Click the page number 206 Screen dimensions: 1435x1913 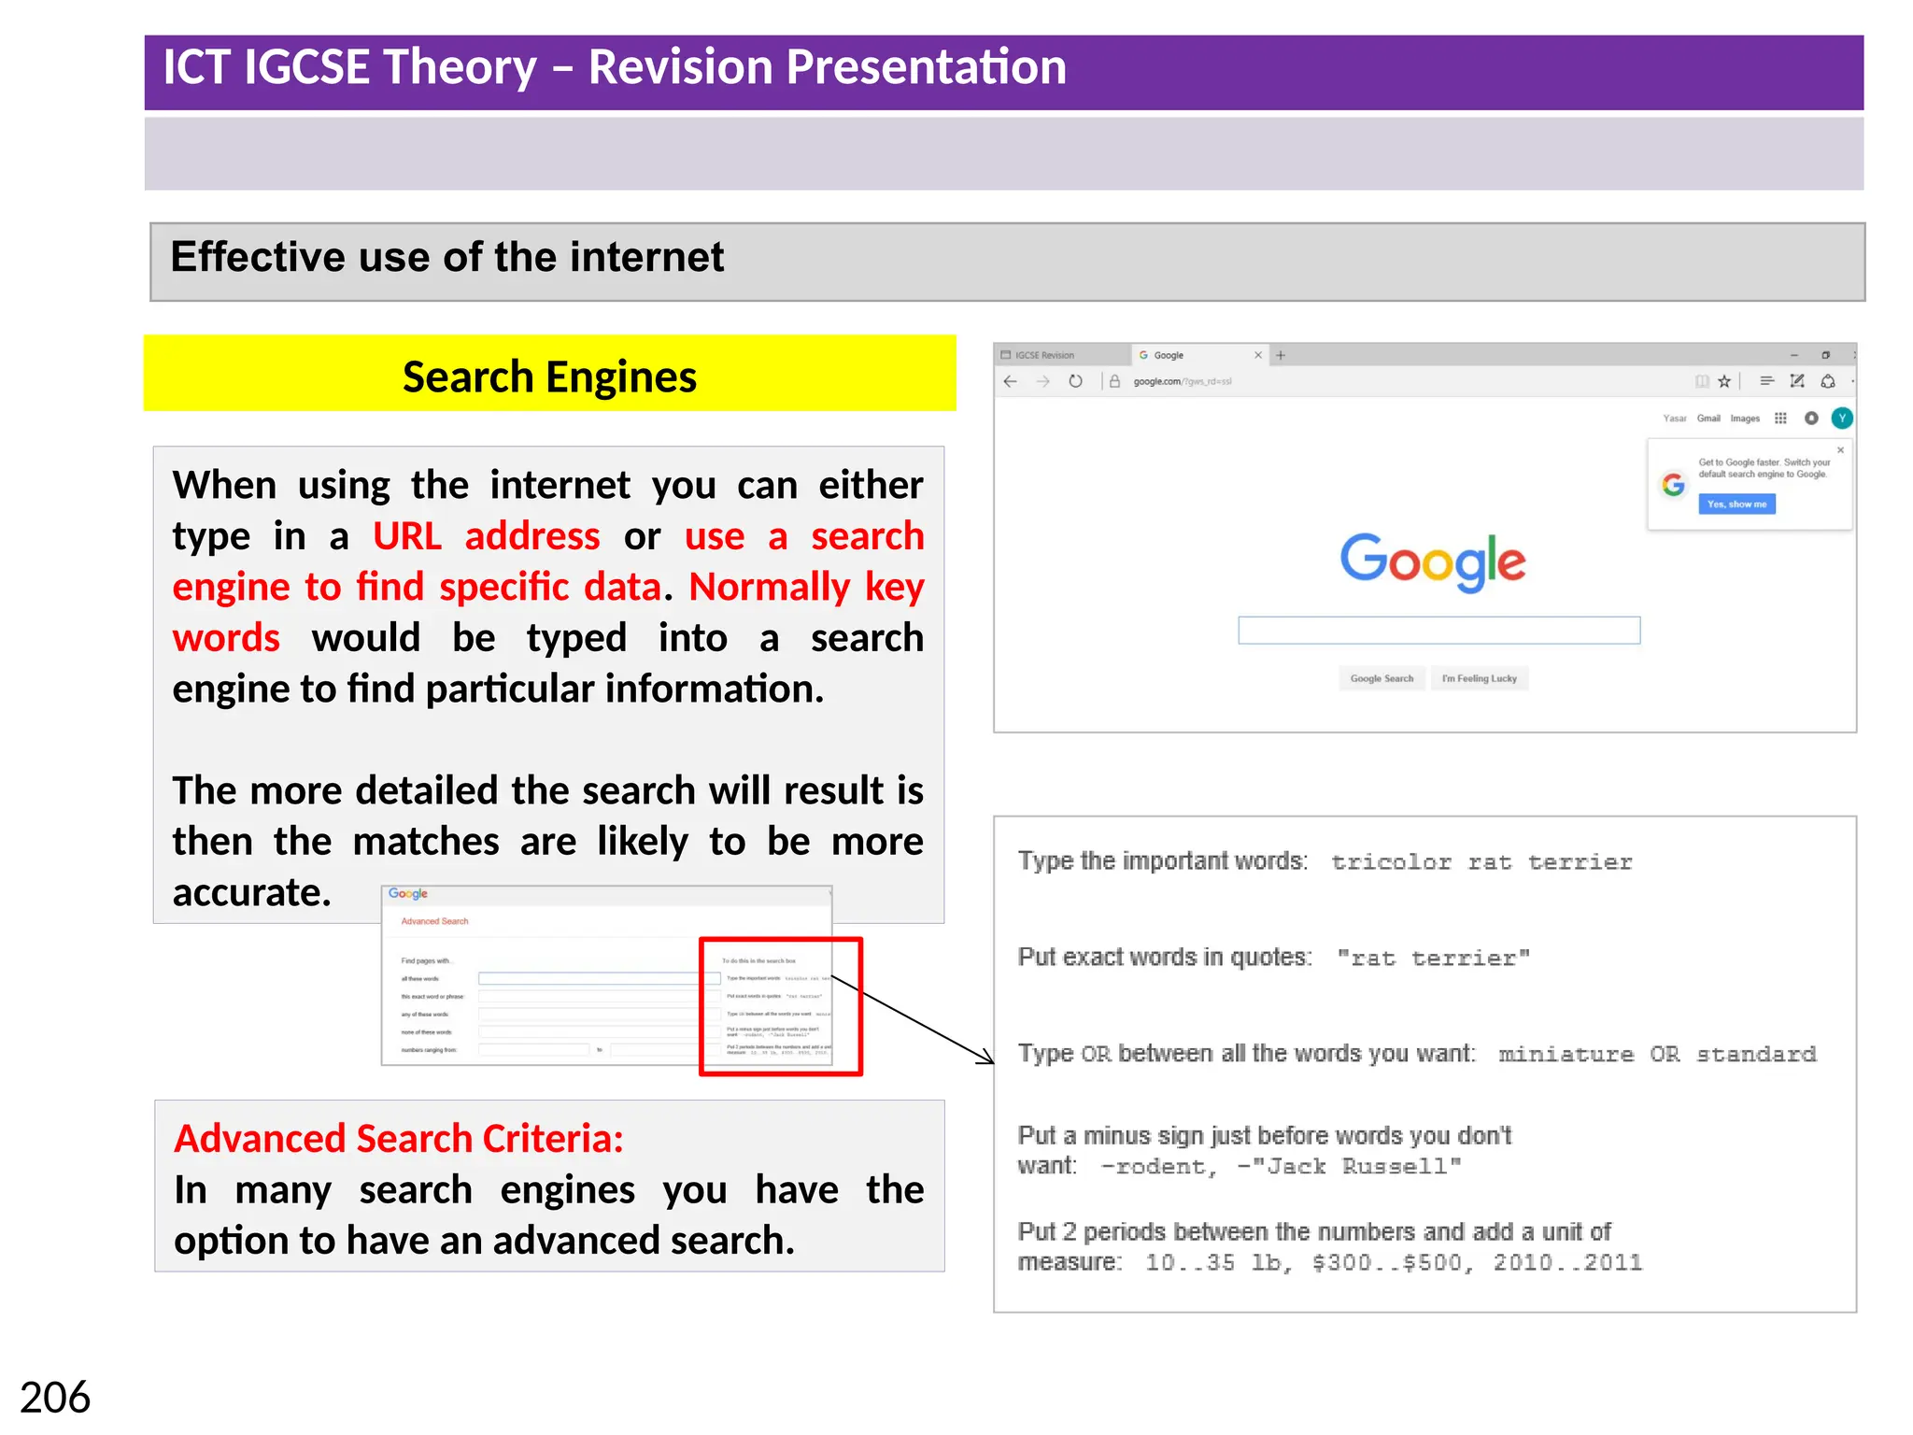(55, 1398)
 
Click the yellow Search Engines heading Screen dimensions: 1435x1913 (549, 377)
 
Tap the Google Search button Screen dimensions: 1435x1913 (1382, 678)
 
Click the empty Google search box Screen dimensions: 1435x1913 (1438, 631)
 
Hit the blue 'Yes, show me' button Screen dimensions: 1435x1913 (1736, 504)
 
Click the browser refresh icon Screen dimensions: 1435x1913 (1075, 381)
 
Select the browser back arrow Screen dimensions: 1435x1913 (1010, 381)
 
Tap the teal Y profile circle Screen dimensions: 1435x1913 (1842, 418)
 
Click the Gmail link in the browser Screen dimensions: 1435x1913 (1708, 419)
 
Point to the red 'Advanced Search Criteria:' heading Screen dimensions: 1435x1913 (399, 1139)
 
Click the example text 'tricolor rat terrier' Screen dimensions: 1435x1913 (1481, 862)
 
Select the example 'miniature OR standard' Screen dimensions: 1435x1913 (1657, 1055)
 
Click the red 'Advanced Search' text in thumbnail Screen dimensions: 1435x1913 (434, 921)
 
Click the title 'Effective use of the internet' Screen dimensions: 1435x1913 (446, 257)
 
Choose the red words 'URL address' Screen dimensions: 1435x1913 (486, 536)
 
